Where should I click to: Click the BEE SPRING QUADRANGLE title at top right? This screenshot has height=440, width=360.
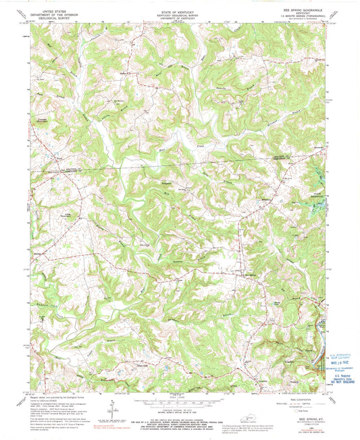pyautogui.click(x=301, y=11)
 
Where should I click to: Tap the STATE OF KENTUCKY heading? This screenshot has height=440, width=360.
pyautogui.click(x=180, y=11)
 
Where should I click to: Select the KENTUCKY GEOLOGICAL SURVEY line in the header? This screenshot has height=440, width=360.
pyautogui.click(x=180, y=16)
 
